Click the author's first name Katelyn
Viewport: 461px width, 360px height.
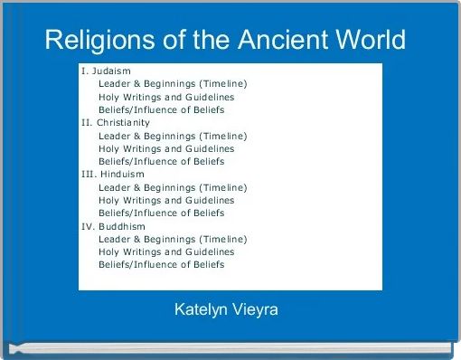click(201, 310)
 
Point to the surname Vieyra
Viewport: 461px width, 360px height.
click(254, 310)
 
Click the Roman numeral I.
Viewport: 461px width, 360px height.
click(84, 71)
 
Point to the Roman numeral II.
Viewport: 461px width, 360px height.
click(86, 122)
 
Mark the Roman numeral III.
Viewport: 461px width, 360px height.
click(88, 174)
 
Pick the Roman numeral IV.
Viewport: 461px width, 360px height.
click(88, 226)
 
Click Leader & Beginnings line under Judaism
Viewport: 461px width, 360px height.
click(173, 83)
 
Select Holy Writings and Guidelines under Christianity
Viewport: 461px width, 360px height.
click(166, 148)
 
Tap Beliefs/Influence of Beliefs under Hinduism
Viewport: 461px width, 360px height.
click(162, 213)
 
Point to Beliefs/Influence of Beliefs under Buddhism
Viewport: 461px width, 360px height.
click(162, 265)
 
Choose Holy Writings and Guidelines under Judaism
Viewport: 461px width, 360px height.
click(166, 97)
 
